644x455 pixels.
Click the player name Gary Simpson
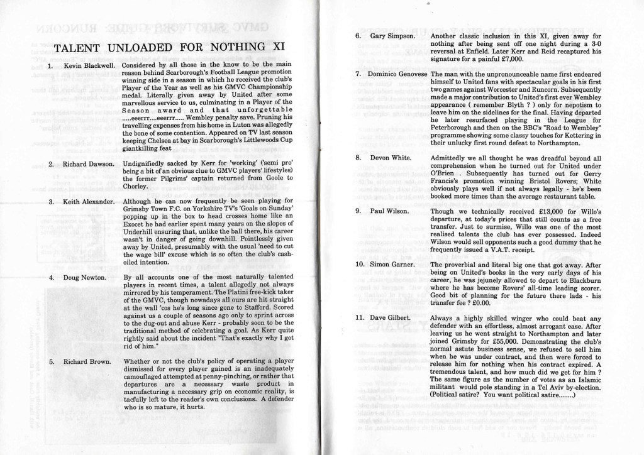pos(392,36)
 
